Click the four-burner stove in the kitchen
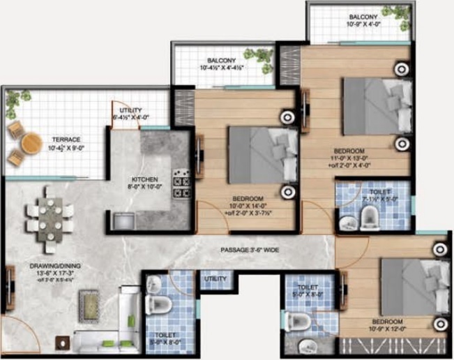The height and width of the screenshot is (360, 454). (182, 183)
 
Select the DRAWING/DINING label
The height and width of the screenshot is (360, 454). (42, 269)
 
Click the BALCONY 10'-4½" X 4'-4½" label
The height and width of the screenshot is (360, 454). (221, 64)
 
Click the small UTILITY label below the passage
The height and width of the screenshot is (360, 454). (215, 280)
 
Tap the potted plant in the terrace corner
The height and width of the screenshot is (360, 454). (13, 103)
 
